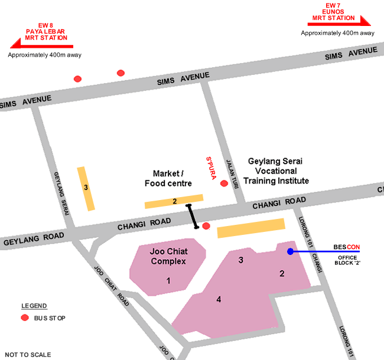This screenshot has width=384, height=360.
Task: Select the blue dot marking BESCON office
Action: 290,251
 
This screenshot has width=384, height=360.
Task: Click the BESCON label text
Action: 346,246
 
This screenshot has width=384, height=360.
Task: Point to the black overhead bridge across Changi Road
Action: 193,216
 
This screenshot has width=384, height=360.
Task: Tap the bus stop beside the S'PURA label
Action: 224,184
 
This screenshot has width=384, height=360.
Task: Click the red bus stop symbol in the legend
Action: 25,318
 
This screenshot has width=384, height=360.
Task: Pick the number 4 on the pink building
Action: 219,300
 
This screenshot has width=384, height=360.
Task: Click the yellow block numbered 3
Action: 86,188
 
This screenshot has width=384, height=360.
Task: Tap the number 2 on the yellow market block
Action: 174,201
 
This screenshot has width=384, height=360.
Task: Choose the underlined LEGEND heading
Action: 34,306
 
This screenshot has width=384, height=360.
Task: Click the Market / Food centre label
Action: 168,178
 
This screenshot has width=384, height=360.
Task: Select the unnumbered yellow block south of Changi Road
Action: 250,228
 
